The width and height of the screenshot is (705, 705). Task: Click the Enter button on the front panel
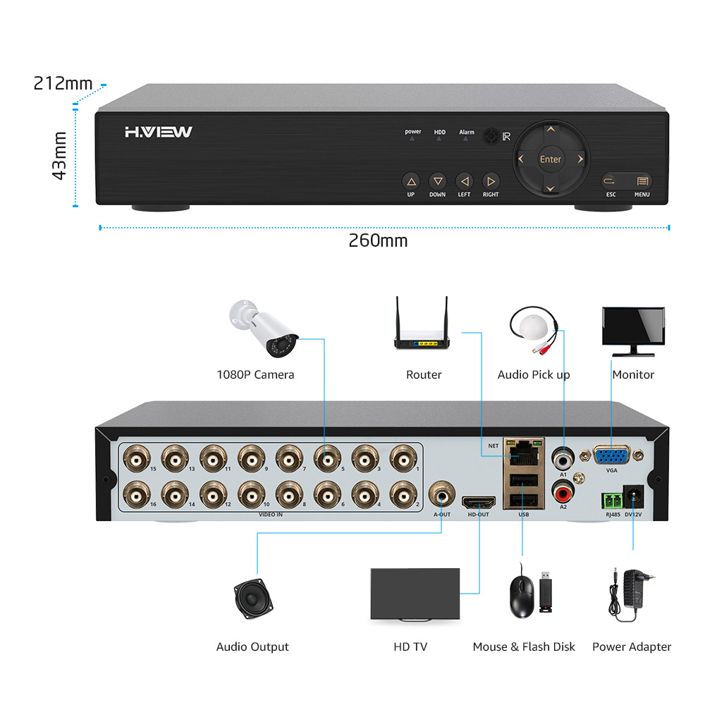coord(550,159)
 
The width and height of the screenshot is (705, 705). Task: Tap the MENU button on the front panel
coord(642,181)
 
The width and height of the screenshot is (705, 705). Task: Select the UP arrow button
coord(411,181)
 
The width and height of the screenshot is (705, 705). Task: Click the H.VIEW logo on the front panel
coord(159,132)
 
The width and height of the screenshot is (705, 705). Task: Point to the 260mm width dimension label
coord(378,241)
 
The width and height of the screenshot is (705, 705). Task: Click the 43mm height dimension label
coord(60,155)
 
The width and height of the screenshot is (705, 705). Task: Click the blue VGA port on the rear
coord(611,456)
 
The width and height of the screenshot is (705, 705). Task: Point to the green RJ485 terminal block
coord(612,501)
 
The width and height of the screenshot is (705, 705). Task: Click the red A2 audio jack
coord(563,489)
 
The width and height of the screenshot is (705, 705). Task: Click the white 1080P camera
coord(265,329)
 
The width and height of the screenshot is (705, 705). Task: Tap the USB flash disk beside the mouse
coord(546,592)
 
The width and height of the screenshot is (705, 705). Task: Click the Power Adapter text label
coord(632,646)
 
